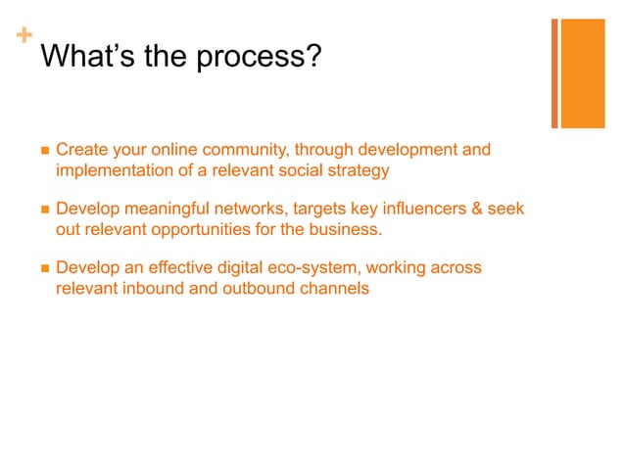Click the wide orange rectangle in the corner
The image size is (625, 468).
[x=582, y=73]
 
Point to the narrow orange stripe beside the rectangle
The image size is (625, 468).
[x=554, y=73]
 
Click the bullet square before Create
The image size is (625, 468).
[x=43, y=152]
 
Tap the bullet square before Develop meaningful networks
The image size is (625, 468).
[x=43, y=211]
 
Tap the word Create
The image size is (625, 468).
[x=82, y=151]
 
